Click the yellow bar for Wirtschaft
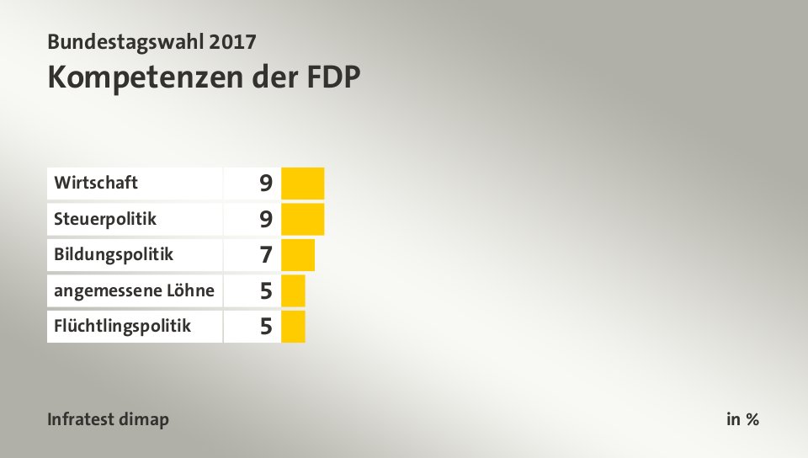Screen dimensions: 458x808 pyautogui.click(x=302, y=183)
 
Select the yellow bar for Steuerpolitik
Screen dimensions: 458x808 pyautogui.click(x=302, y=219)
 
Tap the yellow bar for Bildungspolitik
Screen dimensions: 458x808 pyautogui.click(x=297, y=254)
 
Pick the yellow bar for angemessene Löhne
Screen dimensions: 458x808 pyautogui.click(x=293, y=290)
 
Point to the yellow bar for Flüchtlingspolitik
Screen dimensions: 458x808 pyautogui.click(x=293, y=326)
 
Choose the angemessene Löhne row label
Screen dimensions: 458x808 pyautogui.click(x=134, y=290)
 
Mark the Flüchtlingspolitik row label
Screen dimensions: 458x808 pyautogui.click(x=122, y=326)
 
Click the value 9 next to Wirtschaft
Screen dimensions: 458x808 pyautogui.click(x=266, y=183)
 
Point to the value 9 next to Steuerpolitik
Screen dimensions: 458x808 pyautogui.click(x=266, y=219)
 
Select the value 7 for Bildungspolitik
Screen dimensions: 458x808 pyautogui.click(x=266, y=254)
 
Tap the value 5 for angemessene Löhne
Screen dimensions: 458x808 pyautogui.click(x=266, y=290)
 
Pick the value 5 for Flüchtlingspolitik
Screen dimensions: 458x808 pyautogui.click(x=266, y=326)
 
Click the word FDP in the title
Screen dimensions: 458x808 pyautogui.click(x=331, y=77)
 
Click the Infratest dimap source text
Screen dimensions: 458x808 pyautogui.click(x=108, y=419)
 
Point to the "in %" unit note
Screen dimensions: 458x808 pyautogui.click(x=742, y=419)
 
